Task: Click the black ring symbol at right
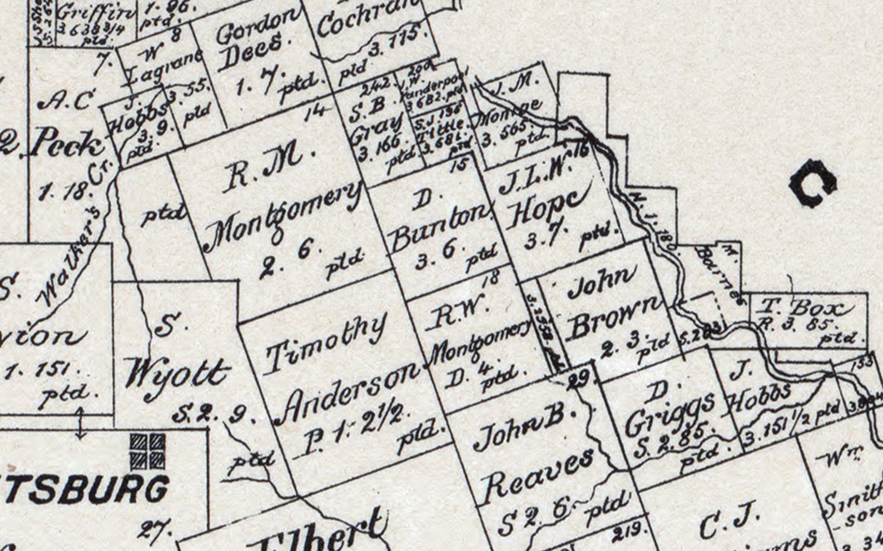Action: (813, 183)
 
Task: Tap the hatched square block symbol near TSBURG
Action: (147, 451)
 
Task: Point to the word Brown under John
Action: (614, 320)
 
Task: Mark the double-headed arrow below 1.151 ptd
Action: (80, 423)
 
